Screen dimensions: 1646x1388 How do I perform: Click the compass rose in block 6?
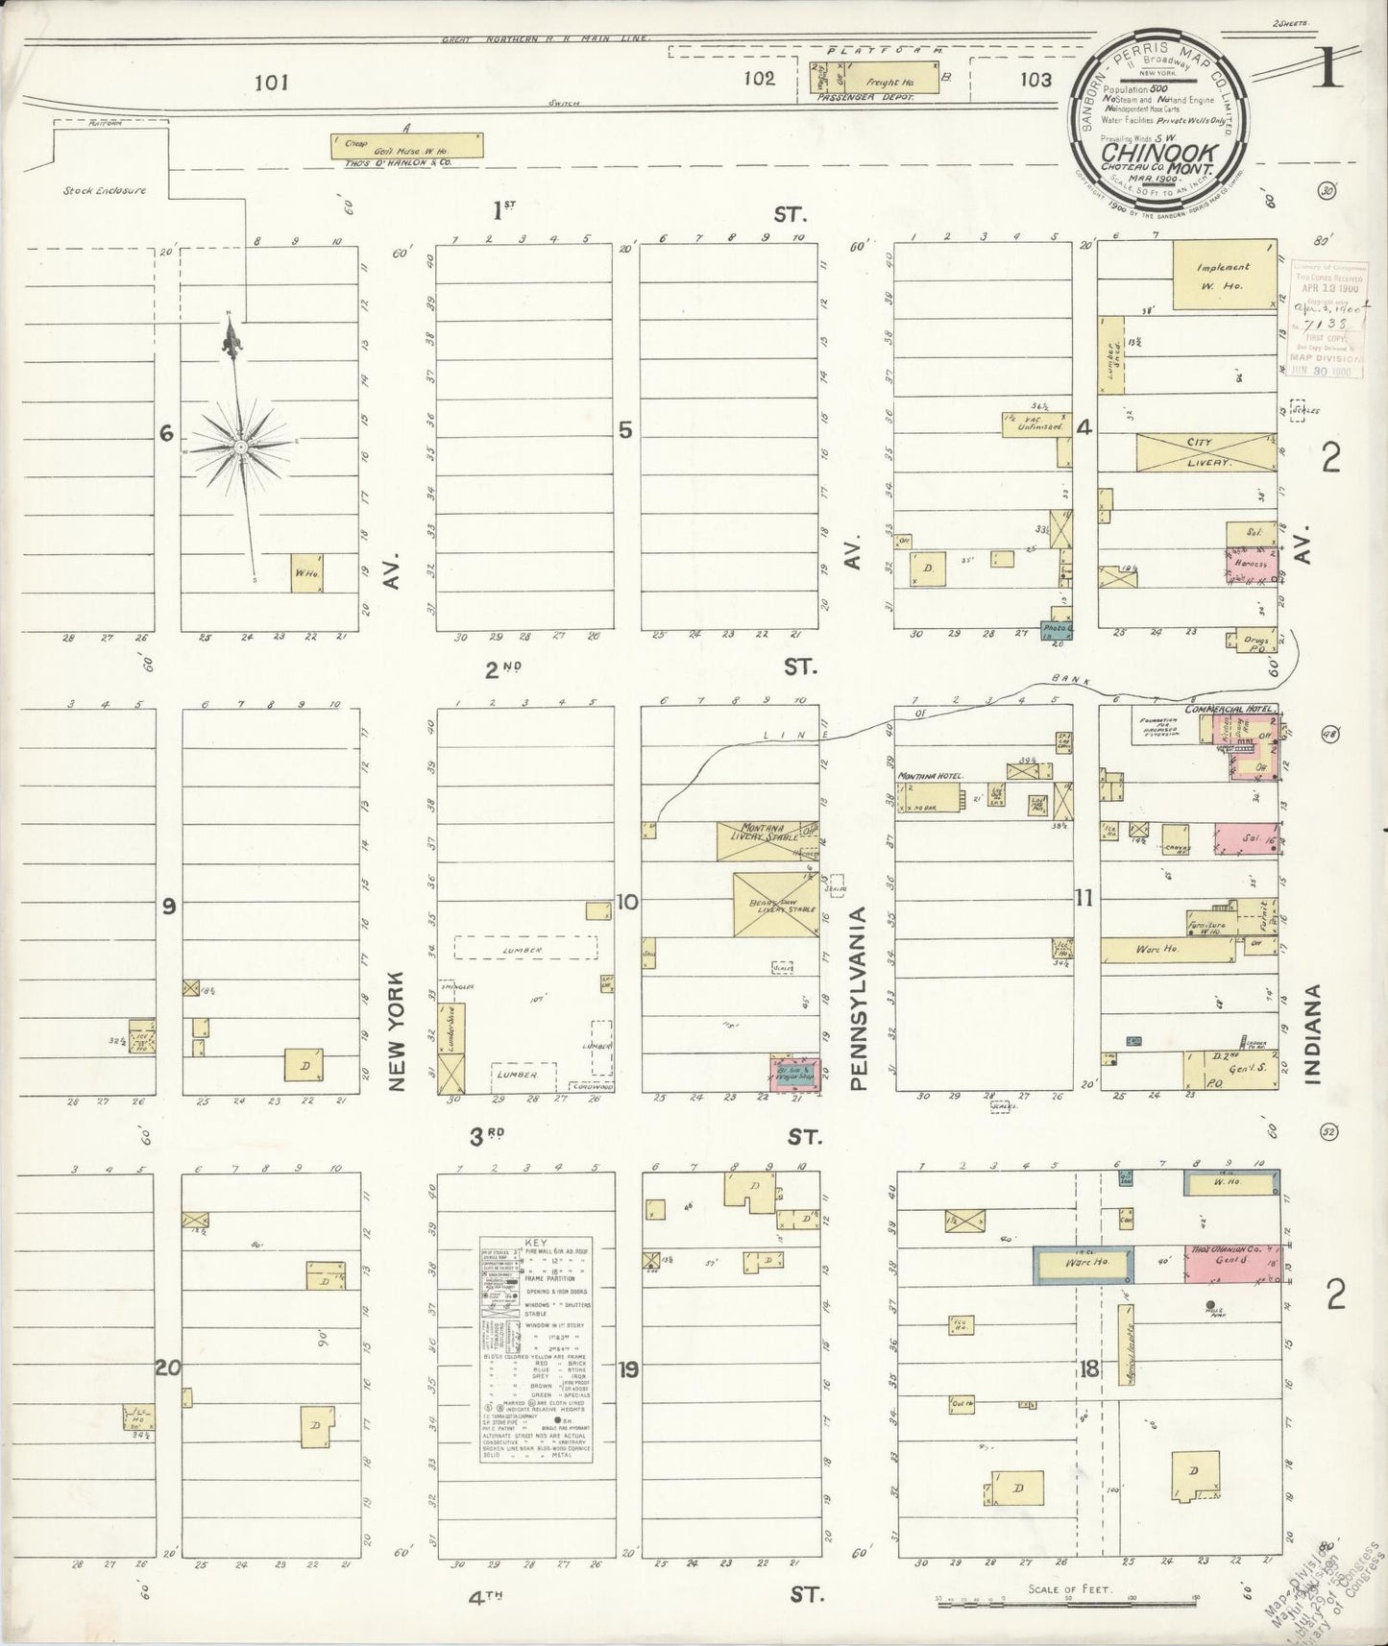(x=240, y=447)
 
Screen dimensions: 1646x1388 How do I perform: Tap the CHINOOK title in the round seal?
(x=1160, y=152)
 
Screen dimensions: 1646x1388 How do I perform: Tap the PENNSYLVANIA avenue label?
(x=858, y=999)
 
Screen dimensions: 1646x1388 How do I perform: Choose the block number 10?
(x=627, y=902)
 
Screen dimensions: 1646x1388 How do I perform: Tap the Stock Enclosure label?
(x=105, y=190)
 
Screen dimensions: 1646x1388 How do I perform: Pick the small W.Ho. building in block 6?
(x=307, y=572)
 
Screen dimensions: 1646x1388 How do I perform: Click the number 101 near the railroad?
(x=272, y=83)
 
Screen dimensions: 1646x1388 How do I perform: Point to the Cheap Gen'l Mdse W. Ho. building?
(x=406, y=145)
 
